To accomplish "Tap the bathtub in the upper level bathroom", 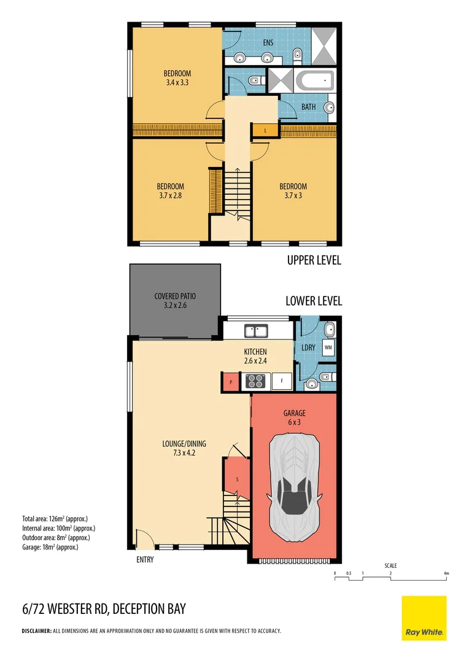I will click(x=314, y=80).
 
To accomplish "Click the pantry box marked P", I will click(x=230, y=381).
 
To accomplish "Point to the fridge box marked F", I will click(x=282, y=381).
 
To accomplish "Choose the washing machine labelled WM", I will click(x=328, y=347).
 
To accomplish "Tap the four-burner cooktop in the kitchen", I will click(x=255, y=381).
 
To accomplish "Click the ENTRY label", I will click(x=144, y=559).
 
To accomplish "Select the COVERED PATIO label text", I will click(x=175, y=296).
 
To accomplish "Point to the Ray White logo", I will click(x=424, y=618).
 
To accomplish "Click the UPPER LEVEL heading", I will click(x=314, y=260).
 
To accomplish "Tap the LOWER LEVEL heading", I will click(x=314, y=301).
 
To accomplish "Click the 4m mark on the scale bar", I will click(x=446, y=573).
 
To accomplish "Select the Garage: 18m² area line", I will click(x=50, y=546).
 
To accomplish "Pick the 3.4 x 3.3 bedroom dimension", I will click(x=177, y=82).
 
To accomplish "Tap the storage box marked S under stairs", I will click(x=238, y=478).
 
